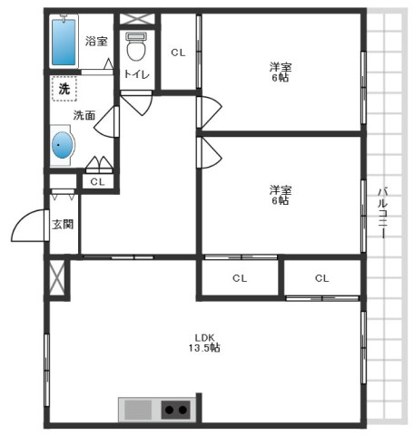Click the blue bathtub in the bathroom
pos(64,43)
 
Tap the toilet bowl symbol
pos(136,46)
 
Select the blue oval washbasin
pos(63,145)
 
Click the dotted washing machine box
pos(64,89)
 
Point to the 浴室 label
pos(96,41)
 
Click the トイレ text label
pos(137,74)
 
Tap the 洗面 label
pos(84,115)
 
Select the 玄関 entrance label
pos(63,224)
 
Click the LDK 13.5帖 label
pos(204,343)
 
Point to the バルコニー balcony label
pos(383,213)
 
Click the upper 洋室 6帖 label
pos(281,72)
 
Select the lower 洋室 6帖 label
pos(281,195)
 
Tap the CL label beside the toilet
pos(178,53)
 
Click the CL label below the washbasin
pos(97,182)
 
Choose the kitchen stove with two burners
pos(176,410)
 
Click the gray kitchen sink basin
pos(138,410)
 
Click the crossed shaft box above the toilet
pos(137,19)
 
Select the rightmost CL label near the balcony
pos(321,278)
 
